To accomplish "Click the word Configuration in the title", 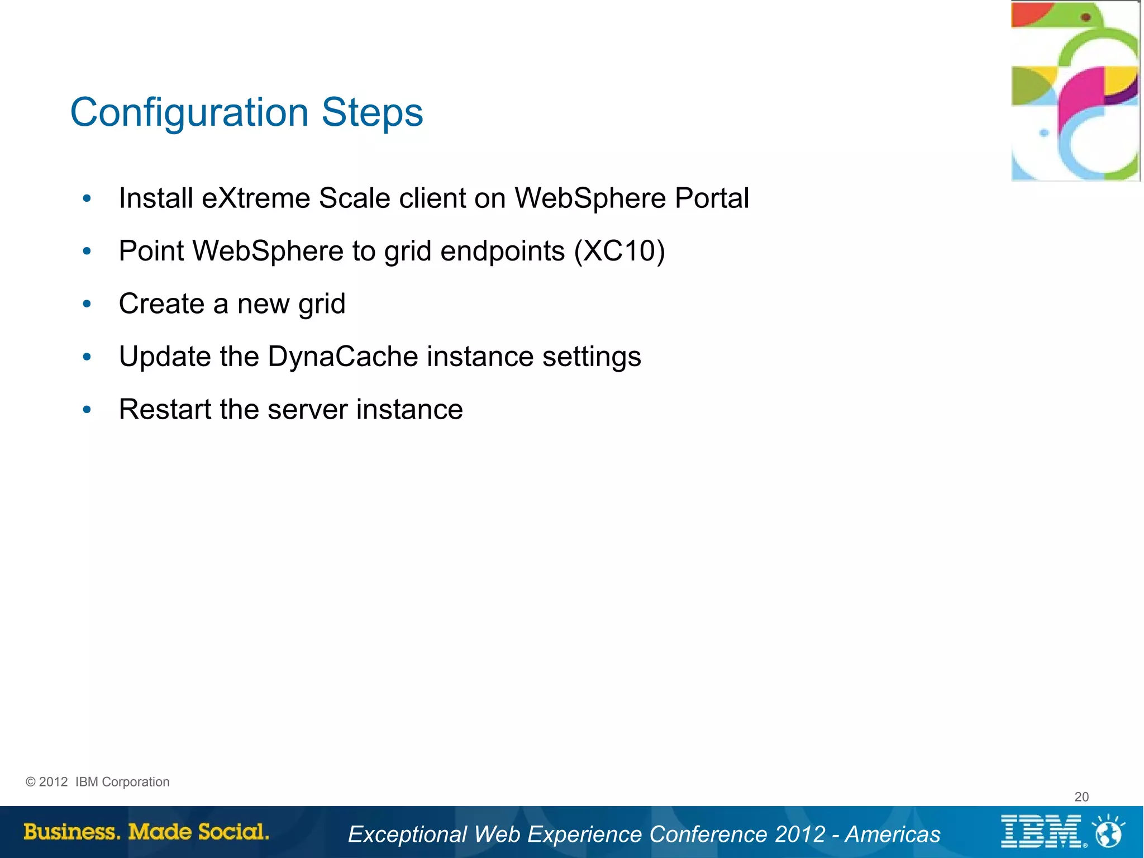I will tap(189, 113).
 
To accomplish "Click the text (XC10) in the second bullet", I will tap(619, 251).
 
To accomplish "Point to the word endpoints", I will tap(502, 251).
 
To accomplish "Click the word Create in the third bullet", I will tap(161, 304).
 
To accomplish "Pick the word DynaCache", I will tap(342, 357).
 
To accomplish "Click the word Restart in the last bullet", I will tap(165, 409).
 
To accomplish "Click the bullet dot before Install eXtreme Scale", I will tap(87, 198).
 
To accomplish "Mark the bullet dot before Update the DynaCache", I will tap(87, 357).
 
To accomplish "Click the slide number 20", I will tap(1081, 797).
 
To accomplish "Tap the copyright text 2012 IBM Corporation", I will tap(98, 782).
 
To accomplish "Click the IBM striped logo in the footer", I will tap(1040, 832).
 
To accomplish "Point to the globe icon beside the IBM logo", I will tap(1109, 832).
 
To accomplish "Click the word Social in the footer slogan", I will tap(233, 832).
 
